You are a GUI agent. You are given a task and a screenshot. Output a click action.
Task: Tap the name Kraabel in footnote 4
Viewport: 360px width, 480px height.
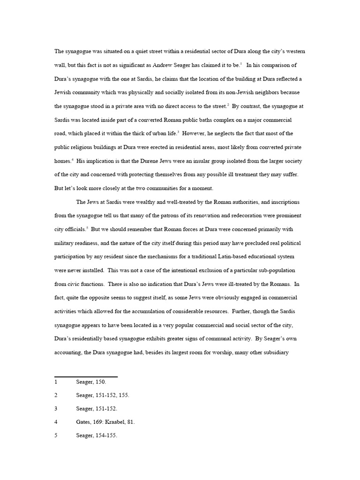pyautogui.click(x=114, y=422)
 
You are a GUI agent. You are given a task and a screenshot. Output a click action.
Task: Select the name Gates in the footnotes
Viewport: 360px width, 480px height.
pyautogui.click(x=84, y=422)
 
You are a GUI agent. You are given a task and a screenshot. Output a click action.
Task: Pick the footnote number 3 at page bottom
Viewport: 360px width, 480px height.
pyautogui.click(x=56, y=409)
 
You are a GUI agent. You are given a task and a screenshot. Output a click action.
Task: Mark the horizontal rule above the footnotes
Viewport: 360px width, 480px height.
pyautogui.click(x=86, y=376)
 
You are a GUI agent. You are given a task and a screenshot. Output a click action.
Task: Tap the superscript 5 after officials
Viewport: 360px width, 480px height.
pyautogui.click(x=87, y=228)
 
